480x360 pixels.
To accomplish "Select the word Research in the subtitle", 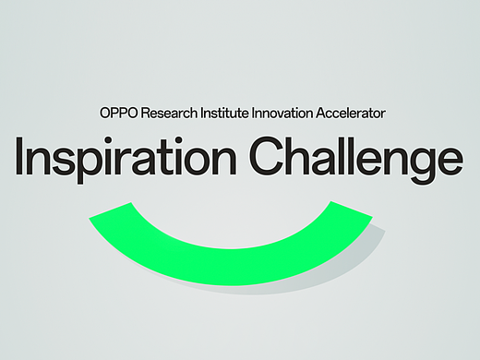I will pyautogui.click(x=165, y=113).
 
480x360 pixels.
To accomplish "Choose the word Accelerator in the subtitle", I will pyautogui.click(x=352, y=113).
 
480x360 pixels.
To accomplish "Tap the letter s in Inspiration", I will pyautogui.click(x=66, y=162).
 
